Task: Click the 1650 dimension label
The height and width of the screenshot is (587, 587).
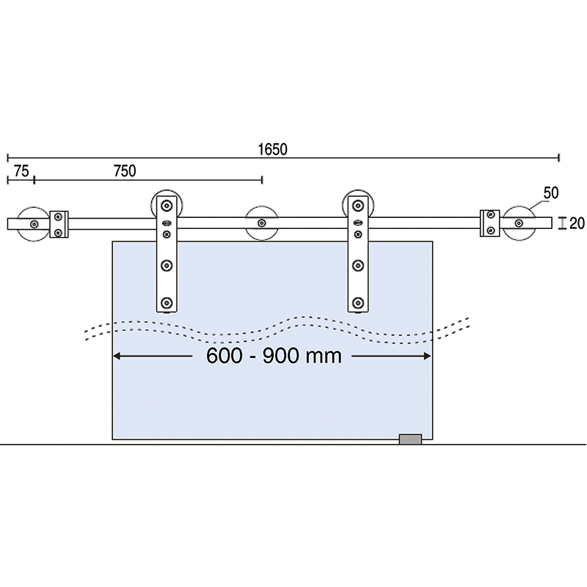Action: point(272,148)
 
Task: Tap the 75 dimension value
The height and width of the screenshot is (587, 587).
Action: point(21,171)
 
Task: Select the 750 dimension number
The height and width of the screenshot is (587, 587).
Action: point(125,171)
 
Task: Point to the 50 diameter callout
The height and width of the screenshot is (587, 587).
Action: point(551,192)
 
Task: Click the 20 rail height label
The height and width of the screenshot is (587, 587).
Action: point(577,223)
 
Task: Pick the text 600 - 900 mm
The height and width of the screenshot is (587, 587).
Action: point(273,356)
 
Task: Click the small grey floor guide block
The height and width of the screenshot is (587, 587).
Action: point(410,439)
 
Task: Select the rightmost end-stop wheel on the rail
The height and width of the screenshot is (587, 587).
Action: point(521,223)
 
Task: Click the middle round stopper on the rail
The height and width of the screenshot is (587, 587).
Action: point(261,223)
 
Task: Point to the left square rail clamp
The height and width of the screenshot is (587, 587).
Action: point(59,224)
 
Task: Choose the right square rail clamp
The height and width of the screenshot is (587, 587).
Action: point(490,224)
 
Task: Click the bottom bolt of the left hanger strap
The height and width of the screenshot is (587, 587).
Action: point(167,302)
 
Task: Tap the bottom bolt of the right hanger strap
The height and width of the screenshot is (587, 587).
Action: point(358,302)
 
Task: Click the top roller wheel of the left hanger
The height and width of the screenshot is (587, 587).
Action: point(167,205)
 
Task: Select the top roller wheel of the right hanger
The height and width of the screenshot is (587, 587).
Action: point(358,205)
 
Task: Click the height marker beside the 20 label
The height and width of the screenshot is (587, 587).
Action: point(561,223)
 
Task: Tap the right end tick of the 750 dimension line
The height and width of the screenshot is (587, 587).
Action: point(262,179)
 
